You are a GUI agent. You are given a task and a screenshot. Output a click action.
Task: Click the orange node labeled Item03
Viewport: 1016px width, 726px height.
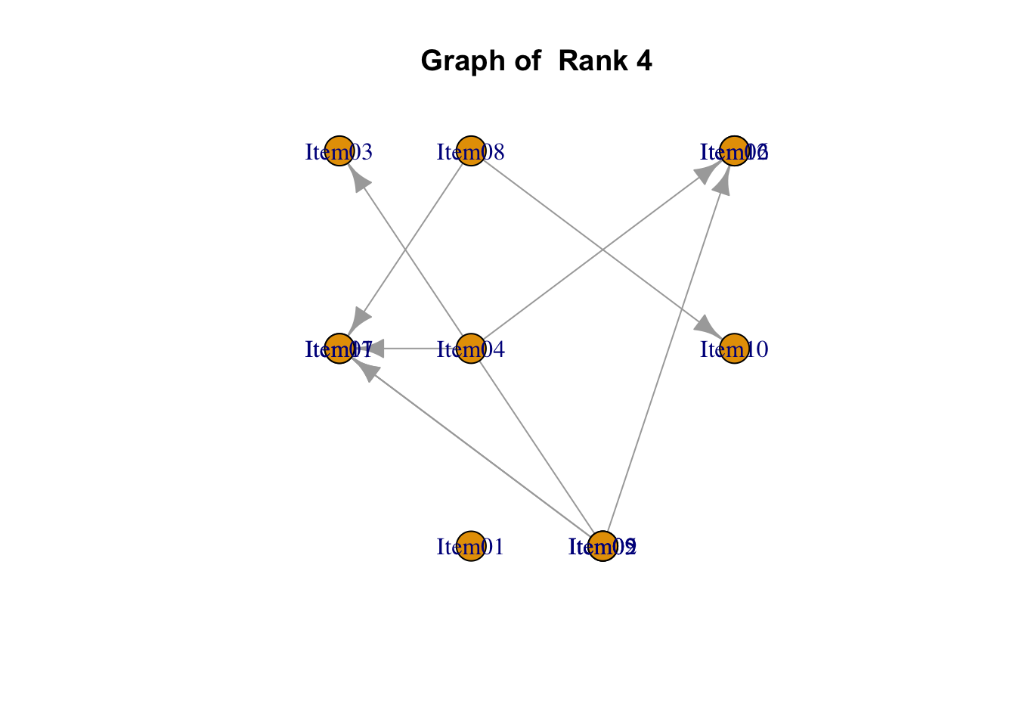339,151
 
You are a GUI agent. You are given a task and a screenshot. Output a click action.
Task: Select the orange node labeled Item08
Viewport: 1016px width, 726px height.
471,151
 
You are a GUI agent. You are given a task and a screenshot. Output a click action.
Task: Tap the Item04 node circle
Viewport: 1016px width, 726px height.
471,349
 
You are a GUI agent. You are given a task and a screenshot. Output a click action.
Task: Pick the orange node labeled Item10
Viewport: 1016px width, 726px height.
734,349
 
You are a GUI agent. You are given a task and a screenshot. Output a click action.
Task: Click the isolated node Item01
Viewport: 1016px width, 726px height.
471,546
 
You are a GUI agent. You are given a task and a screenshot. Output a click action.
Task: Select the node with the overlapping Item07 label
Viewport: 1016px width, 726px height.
339,349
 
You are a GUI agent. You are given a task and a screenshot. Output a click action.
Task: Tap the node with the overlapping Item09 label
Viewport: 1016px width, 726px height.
602,546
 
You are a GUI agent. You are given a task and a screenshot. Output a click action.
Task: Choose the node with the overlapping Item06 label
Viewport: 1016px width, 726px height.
734,151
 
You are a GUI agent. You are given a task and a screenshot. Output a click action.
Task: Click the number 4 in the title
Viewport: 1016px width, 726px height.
643,60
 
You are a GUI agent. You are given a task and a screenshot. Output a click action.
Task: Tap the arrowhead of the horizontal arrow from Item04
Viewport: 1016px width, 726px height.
372,349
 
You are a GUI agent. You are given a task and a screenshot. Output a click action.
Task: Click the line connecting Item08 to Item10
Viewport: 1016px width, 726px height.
602,250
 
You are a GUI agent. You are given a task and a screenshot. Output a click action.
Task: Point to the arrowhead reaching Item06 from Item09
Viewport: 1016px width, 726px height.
724,181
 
